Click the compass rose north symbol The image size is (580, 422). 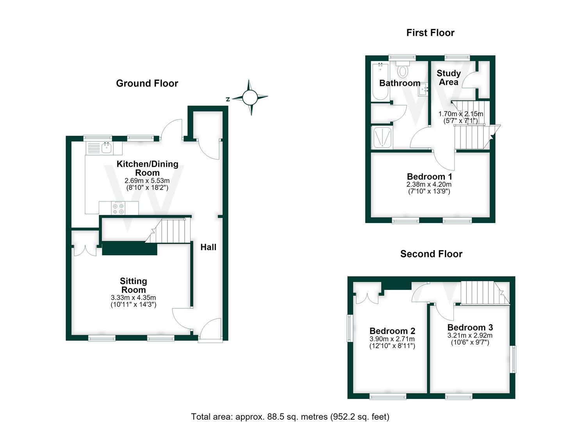(228, 99)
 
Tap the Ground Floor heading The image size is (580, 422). (147, 83)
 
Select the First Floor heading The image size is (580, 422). (430, 33)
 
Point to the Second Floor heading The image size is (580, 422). (431, 254)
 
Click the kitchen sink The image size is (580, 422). (106, 148)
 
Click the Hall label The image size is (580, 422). (209, 247)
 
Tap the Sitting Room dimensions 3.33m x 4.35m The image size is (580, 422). (133, 298)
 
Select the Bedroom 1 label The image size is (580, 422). (430, 177)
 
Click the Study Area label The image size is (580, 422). (449, 78)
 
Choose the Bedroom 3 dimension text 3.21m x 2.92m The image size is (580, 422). (470, 336)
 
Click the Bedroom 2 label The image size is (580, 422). (392, 331)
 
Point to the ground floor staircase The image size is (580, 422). (168, 231)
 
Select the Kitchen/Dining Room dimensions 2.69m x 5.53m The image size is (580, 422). (147, 181)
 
